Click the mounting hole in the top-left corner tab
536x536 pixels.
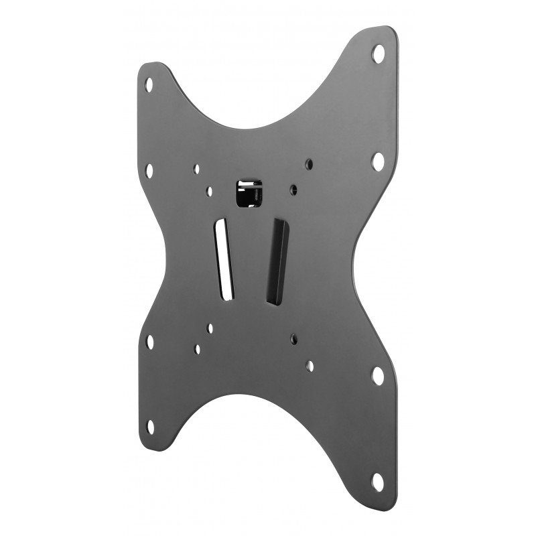coord(149,84)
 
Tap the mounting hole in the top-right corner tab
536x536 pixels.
coord(379,53)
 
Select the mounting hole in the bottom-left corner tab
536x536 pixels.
coord(150,426)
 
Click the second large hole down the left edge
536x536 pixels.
coord(149,170)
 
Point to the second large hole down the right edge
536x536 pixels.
coord(379,161)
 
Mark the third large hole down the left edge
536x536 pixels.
coord(149,341)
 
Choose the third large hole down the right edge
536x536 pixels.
coord(378,376)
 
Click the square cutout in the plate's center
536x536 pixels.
coord(248,192)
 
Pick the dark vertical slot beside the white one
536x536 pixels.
coord(277,261)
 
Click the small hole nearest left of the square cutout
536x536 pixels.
coord(210,191)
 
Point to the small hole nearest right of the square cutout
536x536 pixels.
coord(293,190)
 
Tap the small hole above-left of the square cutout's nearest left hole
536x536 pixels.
coord(196,169)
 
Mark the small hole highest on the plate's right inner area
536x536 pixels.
coord(309,163)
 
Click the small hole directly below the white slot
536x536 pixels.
coord(210,328)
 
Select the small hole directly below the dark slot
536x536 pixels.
coord(294,339)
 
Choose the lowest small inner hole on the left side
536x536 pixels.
coord(197,348)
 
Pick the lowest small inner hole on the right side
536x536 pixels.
coord(310,365)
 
